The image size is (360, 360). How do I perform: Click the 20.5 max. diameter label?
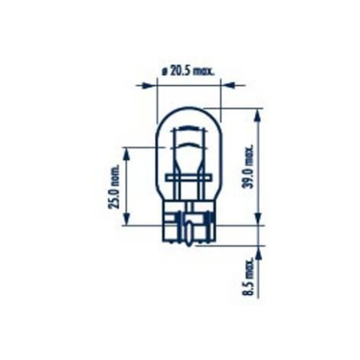click(188, 72)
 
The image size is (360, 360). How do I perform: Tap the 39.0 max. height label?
click(247, 167)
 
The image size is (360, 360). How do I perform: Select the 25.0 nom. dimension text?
click(114, 186)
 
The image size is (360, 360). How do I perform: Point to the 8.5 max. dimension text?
click(247, 277)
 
